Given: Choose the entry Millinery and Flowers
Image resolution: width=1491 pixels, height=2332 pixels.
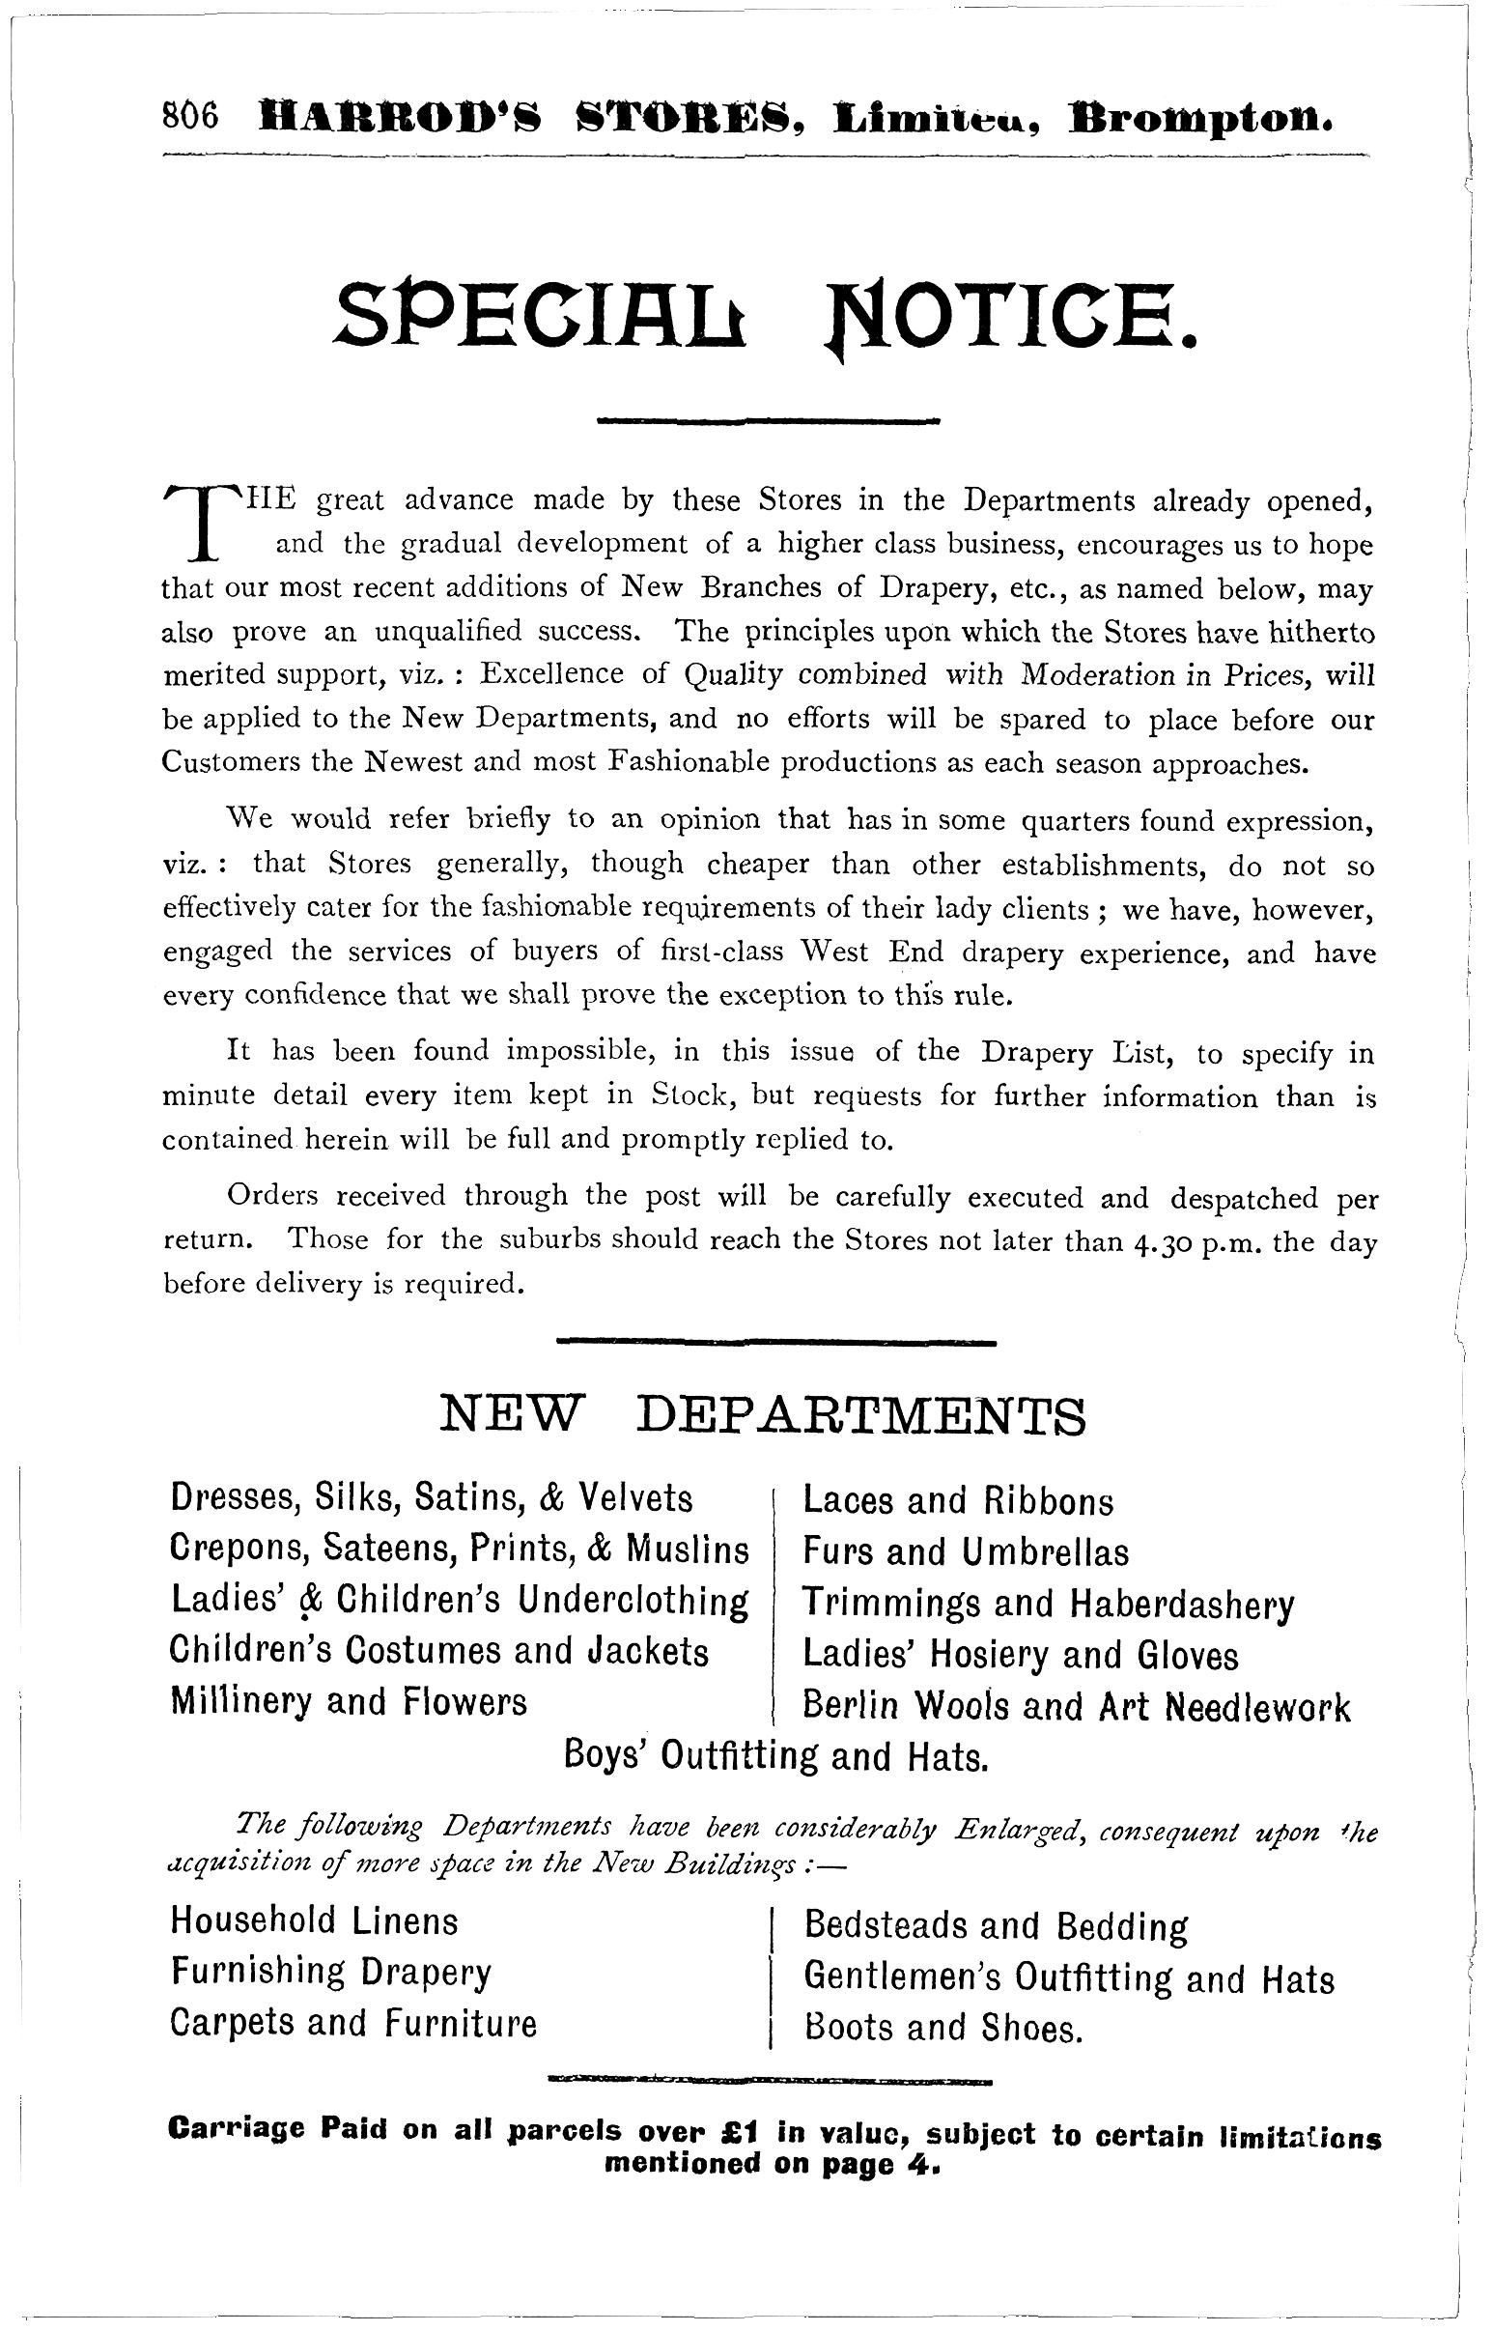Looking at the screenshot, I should [x=349, y=1700].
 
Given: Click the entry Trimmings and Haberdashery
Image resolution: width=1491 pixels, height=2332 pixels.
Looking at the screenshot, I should [x=1049, y=1604].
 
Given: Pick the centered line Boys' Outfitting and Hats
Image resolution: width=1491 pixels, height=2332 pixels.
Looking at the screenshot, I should [x=775, y=1755].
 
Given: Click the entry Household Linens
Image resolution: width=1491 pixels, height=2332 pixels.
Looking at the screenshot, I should [x=314, y=1920].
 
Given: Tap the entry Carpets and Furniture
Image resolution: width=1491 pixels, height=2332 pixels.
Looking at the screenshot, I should [x=352, y=2023].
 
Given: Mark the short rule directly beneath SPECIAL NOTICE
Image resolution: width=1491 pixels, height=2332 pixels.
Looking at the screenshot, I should [x=770, y=420].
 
